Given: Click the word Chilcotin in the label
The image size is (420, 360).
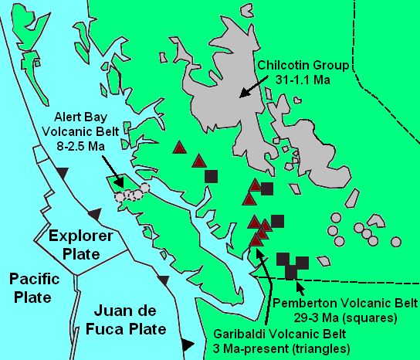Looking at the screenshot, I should tap(285, 65).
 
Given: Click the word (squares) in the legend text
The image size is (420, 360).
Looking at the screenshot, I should tap(373, 318).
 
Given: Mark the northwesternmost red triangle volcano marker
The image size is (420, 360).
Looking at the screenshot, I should tap(179, 147).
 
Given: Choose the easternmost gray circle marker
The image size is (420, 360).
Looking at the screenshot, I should tap(396, 241).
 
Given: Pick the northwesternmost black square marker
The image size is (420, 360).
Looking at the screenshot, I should tap(211, 175).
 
